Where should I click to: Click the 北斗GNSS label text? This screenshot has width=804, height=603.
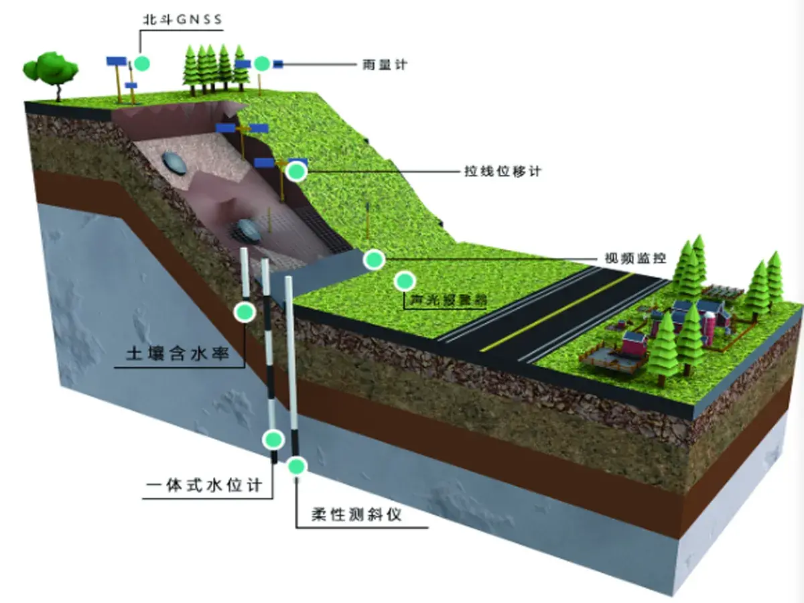pos(181,19)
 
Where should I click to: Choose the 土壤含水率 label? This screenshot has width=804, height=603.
pos(178,353)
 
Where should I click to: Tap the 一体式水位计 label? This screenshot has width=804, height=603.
pos(206,484)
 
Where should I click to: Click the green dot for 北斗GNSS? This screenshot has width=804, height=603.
pos(141,64)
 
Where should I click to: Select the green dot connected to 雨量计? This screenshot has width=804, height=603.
pos(262,64)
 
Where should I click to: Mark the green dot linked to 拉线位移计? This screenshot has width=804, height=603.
pos(296,172)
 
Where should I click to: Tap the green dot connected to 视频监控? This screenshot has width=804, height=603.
pos(373,259)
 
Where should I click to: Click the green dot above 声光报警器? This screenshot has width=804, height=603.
pos(404,281)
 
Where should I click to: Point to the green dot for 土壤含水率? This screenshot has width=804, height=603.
pos(245,312)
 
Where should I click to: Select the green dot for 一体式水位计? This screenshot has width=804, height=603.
pos(273,440)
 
